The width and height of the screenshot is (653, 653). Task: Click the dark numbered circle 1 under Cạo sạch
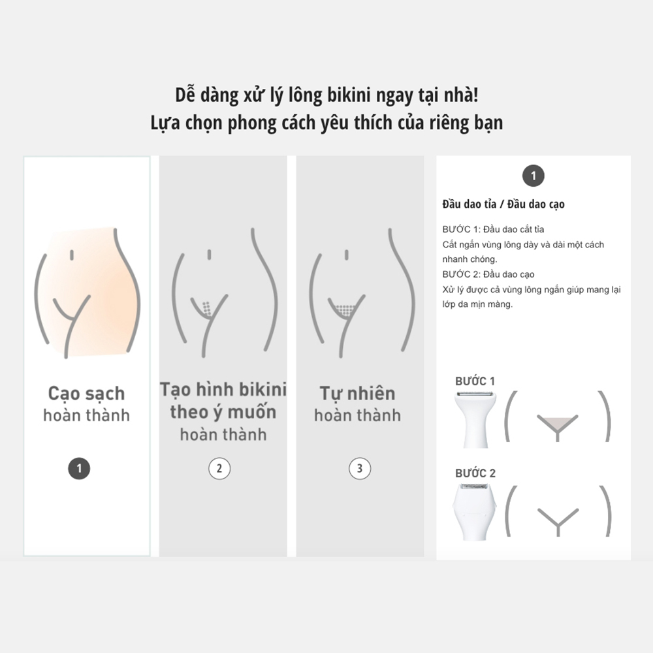[x=79, y=468]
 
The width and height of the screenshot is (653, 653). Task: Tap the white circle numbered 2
[x=219, y=468]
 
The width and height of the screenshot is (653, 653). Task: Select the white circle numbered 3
[x=360, y=468]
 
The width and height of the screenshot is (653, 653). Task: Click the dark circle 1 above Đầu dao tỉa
[x=534, y=176]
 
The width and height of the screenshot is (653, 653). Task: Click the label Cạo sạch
[x=87, y=394]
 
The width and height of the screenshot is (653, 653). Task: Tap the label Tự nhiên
[x=357, y=394]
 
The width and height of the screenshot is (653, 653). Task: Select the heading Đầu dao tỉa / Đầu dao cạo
[x=503, y=204]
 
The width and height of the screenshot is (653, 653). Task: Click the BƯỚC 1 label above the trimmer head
[x=475, y=381]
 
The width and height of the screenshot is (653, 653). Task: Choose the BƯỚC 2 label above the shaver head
[x=475, y=473]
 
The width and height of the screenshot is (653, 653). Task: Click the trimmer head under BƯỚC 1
[x=475, y=420]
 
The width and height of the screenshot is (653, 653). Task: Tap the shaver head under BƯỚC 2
[x=475, y=512]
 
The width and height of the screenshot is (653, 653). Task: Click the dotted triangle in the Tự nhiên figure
[x=345, y=310]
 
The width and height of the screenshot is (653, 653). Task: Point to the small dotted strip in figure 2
[x=206, y=308]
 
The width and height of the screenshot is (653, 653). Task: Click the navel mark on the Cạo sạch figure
[x=72, y=255]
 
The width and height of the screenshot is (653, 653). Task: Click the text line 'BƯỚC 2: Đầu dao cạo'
[x=488, y=274]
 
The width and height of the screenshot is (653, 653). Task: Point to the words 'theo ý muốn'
[x=223, y=412]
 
